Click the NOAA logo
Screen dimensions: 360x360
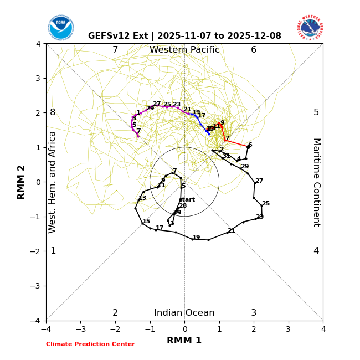point(60,28)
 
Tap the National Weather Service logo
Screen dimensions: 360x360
point(310,28)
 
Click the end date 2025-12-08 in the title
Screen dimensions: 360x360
point(259,36)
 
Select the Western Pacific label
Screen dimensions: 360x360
point(184,50)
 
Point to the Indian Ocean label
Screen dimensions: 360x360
point(184,313)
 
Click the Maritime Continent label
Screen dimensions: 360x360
point(316,182)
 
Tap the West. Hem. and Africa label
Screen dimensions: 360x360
point(53,182)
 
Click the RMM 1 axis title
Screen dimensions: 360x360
point(184,341)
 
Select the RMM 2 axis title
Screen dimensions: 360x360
point(22,182)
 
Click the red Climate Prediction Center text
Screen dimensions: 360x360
point(90,344)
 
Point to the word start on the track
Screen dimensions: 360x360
point(187,200)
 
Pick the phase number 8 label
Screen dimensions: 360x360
point(53,112)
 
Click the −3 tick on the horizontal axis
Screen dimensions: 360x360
point(81,329)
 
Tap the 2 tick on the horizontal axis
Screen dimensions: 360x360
point(254,329)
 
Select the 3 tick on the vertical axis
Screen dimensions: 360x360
point(38,78)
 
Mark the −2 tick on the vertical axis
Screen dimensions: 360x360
point(37,251)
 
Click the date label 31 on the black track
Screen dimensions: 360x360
point(226,156)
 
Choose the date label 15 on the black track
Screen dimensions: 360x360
point(146,222)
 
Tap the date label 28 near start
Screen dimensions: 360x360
point(183,206)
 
